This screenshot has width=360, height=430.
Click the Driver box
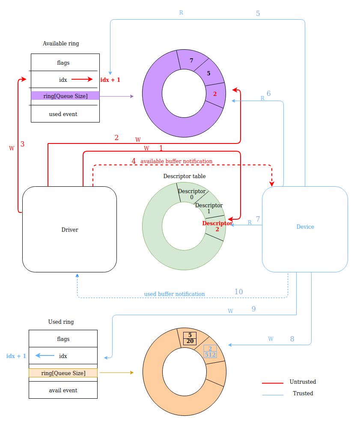coord(69,230)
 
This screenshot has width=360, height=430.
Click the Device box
coord(305,227)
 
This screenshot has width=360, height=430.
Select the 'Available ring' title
coord(61,44)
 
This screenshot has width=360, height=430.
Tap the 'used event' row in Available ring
coord(63,114)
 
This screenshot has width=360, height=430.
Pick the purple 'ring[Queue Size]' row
coord(65,96)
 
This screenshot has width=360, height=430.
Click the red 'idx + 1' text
coord(110,80)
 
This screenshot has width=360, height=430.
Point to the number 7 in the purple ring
coord(191,61)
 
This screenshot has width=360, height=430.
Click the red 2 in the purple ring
coord(215,94)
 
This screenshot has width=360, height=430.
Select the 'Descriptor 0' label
coord(192,194)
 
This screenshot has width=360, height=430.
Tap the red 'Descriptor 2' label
coord(217,226)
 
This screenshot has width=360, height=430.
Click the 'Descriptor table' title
coord(184,176)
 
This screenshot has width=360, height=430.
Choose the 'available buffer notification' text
coord(176,161)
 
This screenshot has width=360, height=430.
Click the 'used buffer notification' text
coord(174,294)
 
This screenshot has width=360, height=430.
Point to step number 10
coord(238,292)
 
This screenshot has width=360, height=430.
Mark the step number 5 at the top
coord(258,14)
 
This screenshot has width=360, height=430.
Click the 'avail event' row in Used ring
coord(63,391)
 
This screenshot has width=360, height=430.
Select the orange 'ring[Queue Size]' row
coord(63,373)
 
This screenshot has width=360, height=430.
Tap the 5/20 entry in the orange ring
coord(190,338)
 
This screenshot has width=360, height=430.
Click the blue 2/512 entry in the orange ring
coord(210,352)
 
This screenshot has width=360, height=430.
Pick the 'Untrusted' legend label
coord(303,382)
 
